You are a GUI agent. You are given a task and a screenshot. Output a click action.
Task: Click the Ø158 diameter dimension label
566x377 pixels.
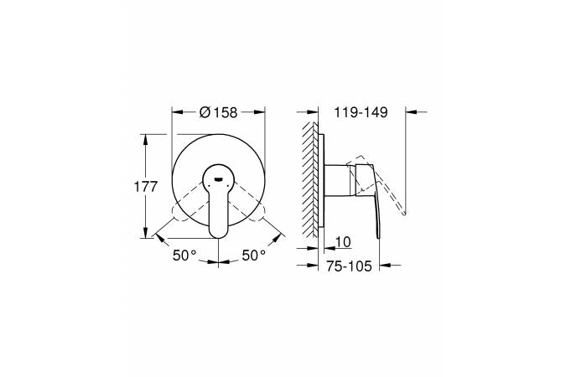[x=218, y=112]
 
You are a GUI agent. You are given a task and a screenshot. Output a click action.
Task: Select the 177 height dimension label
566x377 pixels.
[x=146, y=187]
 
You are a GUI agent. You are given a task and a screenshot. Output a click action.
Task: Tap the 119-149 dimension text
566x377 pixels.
[x=361, y=112]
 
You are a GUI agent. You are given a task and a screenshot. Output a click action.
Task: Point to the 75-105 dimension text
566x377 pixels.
[x=349, y=266]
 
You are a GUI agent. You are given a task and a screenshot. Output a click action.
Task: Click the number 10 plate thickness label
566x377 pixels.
[x=343, y=242]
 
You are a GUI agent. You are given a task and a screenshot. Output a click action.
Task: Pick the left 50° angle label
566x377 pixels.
[x=184, y=256]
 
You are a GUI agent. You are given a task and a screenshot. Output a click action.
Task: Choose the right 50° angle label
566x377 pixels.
[x=253, y=256]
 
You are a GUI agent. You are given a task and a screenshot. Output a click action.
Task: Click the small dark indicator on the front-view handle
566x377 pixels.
[x=219, y=179]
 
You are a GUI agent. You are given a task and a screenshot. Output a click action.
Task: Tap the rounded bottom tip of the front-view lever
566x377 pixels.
[x=219, y=236]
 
